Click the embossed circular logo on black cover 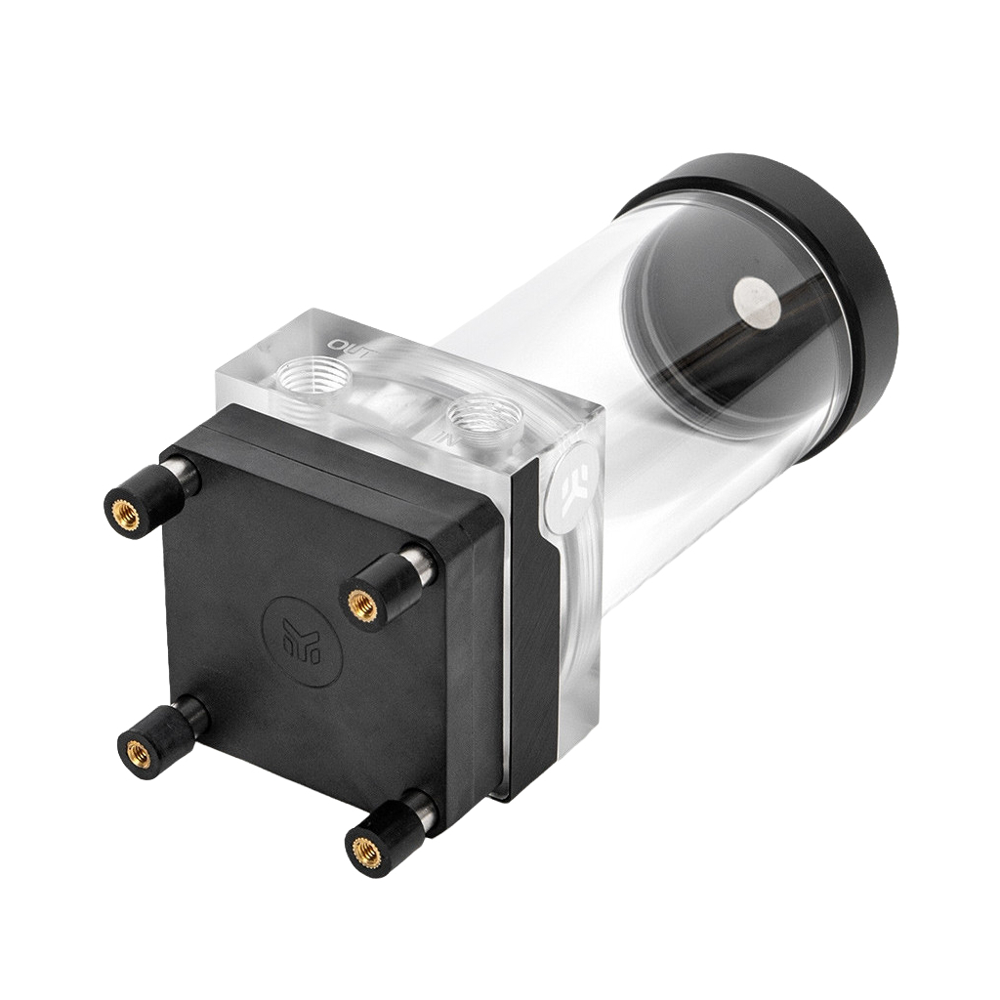[x=303, y=641]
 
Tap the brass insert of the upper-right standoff [x=362, y=604]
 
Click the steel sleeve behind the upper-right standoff [x=419, y=563]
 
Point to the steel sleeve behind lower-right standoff [x=423, y=807]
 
